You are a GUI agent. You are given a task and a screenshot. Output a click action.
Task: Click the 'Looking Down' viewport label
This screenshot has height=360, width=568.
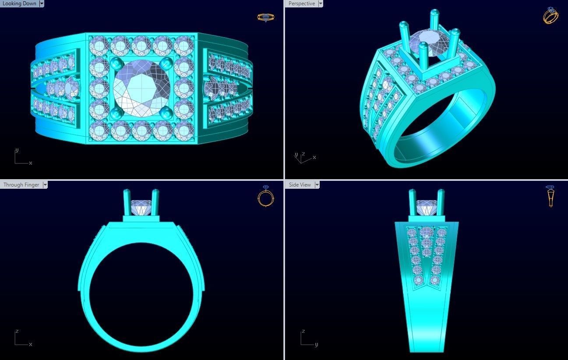pos(19,4)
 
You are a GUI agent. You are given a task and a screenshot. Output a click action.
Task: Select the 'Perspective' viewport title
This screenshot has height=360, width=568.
pos(302,4)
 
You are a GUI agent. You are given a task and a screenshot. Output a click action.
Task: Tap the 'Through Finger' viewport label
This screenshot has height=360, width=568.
pos(21,185)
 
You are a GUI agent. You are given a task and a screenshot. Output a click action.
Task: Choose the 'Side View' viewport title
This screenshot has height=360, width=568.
pos(300,185)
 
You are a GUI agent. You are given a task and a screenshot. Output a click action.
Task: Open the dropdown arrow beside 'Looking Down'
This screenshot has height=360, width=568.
pos(42,4)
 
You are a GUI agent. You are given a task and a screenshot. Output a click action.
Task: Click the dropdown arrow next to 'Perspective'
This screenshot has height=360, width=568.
pos(321,4)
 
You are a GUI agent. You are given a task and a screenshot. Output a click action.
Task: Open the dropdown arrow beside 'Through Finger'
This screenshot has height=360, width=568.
pos(45,185)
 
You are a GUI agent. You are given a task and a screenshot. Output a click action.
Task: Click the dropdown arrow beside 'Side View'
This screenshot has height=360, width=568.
pos(317,185)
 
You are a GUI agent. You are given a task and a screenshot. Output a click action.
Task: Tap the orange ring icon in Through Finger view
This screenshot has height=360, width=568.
pos(265,196)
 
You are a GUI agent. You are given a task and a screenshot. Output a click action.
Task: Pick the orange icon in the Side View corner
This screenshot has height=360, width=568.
pos(550,196)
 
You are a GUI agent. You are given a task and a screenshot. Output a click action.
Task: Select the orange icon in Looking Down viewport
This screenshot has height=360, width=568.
pos(265,18)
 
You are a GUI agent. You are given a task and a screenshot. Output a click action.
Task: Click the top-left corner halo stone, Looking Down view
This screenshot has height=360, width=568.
pos(99,46)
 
